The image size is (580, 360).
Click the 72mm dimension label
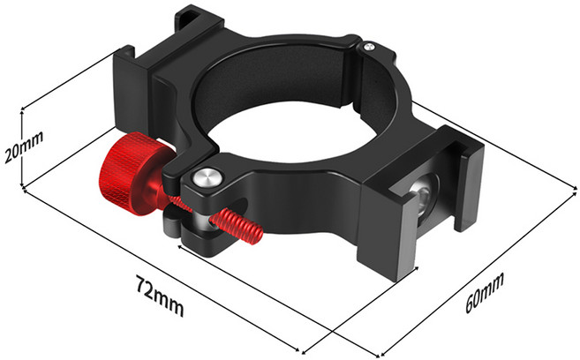pyautogui.click(x=160, y=296)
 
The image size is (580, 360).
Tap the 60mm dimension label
pyautogui.click(x=485, y=292)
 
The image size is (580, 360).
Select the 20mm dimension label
pyautogui.click(x=24, y=146)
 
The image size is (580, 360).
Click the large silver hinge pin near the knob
pyautogui.click(x=208, y=177)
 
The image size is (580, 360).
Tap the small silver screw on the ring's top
pyautogui.click(x=368, y=46)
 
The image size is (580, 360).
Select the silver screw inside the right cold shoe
pyautogui.click(x=424, y=195)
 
